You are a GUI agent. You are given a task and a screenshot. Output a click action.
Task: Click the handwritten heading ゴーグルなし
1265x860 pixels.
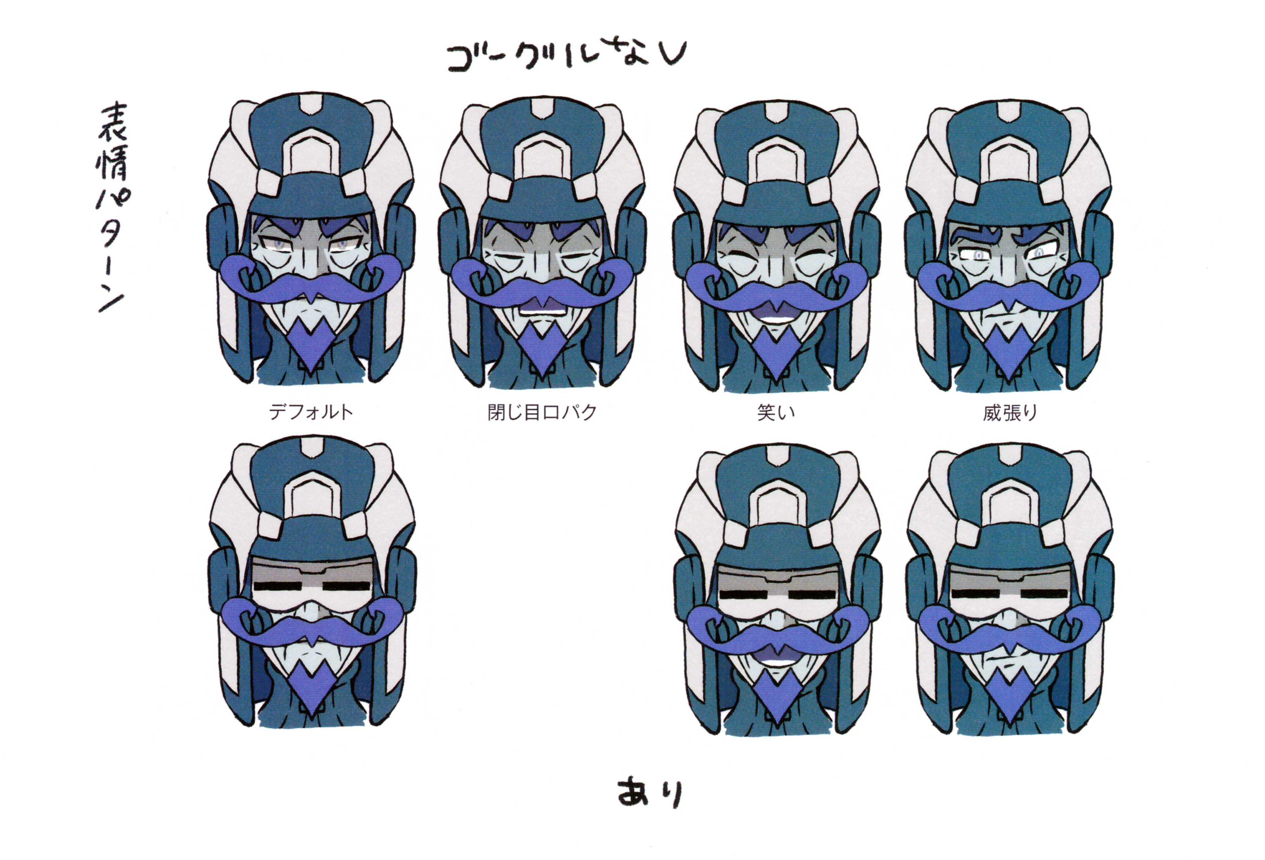coord(566,56)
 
